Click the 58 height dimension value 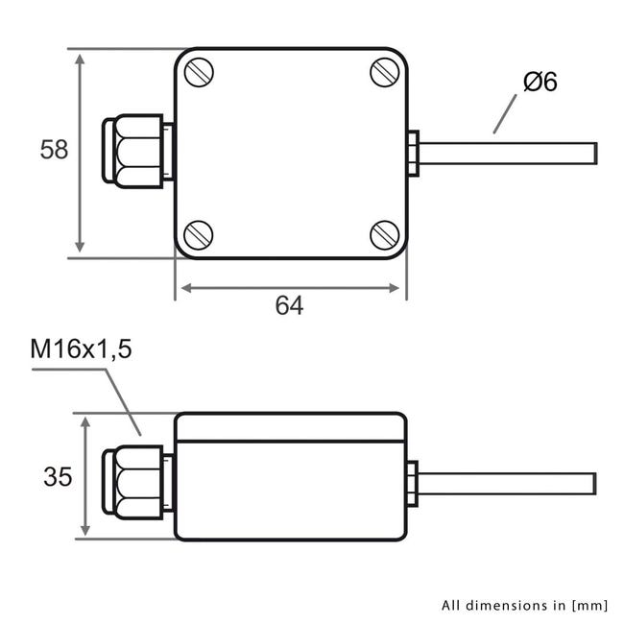coord(54,150)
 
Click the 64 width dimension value coord(289,305)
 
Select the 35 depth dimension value coord(58,476)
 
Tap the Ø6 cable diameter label coord(540,83)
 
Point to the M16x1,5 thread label coord(81,348)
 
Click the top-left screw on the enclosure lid coord(199,73)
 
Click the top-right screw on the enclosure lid coord(384,73)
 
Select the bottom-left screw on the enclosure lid coord(198,233)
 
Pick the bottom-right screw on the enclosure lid coord(384,233)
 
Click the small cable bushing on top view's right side coord(412,153)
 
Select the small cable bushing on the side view coord(412,484)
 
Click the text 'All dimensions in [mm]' coord(525,605)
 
